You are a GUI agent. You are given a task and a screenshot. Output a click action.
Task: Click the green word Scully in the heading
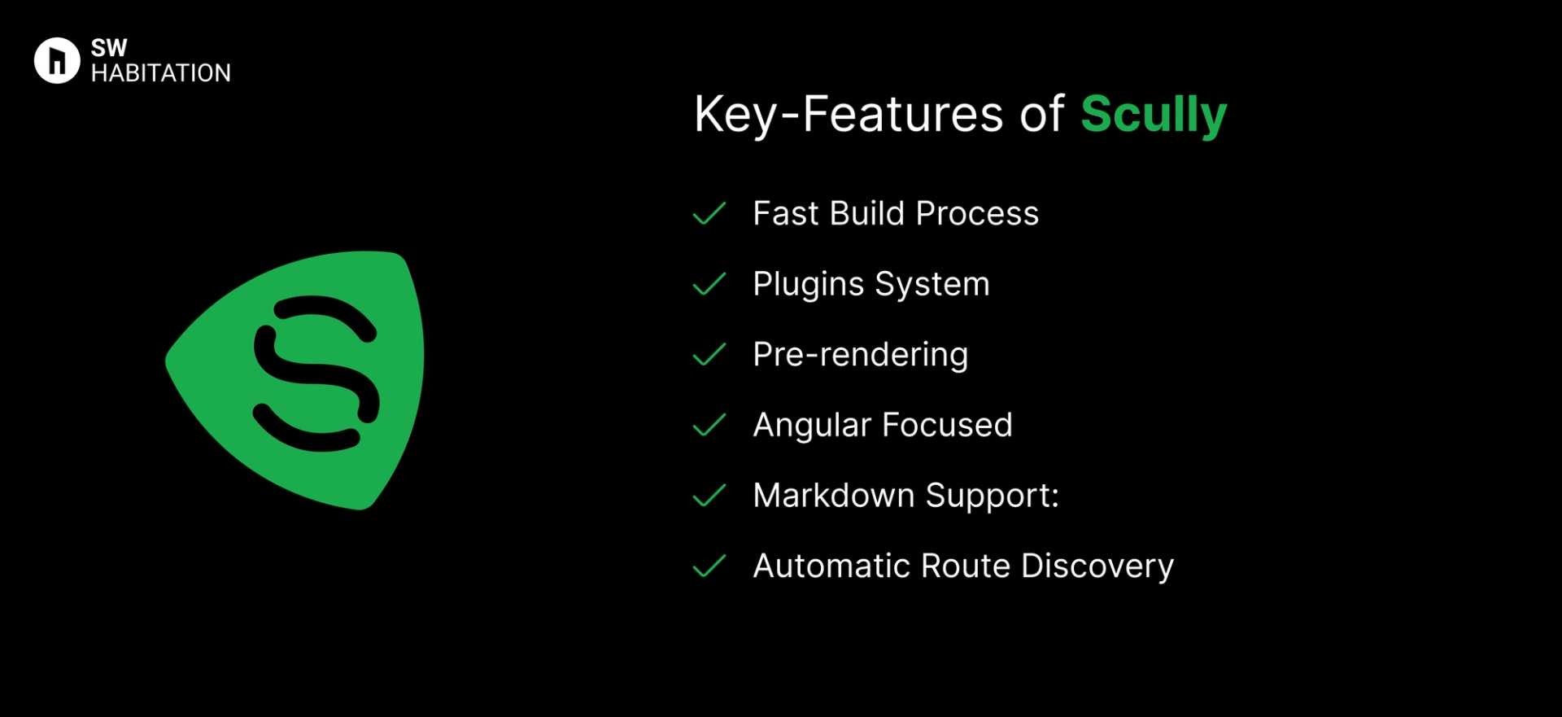(1153, 114)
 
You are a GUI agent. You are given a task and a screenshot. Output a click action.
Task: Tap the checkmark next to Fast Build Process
(709, 213)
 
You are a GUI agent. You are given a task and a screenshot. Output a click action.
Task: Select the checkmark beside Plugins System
(709, 284)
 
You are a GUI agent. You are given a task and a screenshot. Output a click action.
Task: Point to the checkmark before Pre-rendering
(709, 355)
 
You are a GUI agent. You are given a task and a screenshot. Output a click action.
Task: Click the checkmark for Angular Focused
(709, 425)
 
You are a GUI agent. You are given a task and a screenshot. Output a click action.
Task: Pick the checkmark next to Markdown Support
(709, 496)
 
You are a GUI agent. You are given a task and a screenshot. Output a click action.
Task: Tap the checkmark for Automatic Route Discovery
(709, 566)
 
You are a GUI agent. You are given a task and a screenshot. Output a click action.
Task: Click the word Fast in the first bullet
(785, 213)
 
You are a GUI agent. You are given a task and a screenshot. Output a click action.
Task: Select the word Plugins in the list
(808, 285)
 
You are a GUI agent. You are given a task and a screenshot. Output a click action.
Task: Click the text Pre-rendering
(860, 355)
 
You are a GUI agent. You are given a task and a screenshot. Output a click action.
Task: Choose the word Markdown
(833, 496)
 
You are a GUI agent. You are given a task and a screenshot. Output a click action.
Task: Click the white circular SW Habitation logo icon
(57, 60)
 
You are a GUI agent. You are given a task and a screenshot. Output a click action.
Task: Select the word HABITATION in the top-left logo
(160, 73)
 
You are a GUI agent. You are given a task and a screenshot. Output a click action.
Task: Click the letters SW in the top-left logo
(109, 48)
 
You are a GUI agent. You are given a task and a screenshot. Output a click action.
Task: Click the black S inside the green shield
(316, 374)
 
